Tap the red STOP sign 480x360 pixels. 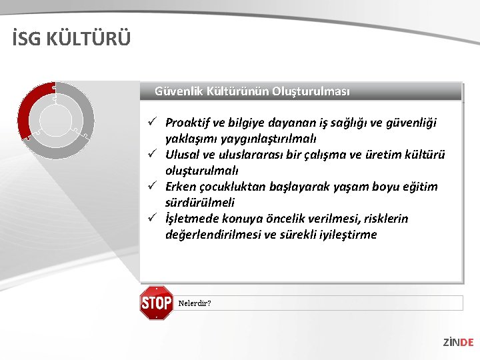coord(156,303)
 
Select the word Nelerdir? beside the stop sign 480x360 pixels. coord(195,303)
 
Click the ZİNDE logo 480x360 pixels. coord(458,342)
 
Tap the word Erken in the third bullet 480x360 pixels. coord(180,187)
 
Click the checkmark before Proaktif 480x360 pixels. coord(153,122)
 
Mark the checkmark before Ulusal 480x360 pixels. coord(153,154)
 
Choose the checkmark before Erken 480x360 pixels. coord(153,186)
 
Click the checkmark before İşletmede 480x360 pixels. coord(153,218)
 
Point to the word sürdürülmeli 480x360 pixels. coord(200,203)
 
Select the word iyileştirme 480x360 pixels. coord(345,235)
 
